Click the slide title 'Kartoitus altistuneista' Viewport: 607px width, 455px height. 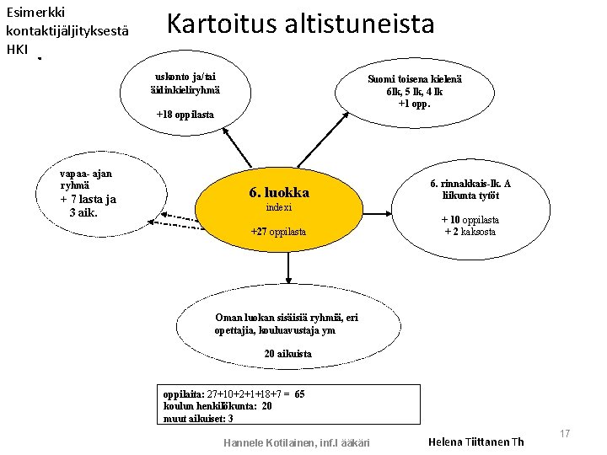click(300, 24)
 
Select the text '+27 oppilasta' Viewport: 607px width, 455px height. click(278, 232)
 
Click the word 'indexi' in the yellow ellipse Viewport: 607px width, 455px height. click(278, 207)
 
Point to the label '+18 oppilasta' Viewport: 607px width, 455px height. click(185, 115)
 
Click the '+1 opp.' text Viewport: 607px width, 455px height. click(414, 104)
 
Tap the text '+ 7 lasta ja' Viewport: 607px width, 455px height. click(89, 200)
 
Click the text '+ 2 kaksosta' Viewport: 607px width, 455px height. click(470, 232)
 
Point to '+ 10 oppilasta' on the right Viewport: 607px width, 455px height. click(470, 220)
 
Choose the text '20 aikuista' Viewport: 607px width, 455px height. click(287, 354)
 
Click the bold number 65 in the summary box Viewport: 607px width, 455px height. click(299, 394)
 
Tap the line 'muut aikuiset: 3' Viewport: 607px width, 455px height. click(198, 419)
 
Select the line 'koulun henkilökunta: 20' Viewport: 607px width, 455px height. click(218, 406)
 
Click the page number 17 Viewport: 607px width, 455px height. click(565, 433)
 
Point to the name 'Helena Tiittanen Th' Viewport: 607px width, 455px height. click(475, 442)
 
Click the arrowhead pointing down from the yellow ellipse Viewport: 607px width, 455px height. click(288, 279)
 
